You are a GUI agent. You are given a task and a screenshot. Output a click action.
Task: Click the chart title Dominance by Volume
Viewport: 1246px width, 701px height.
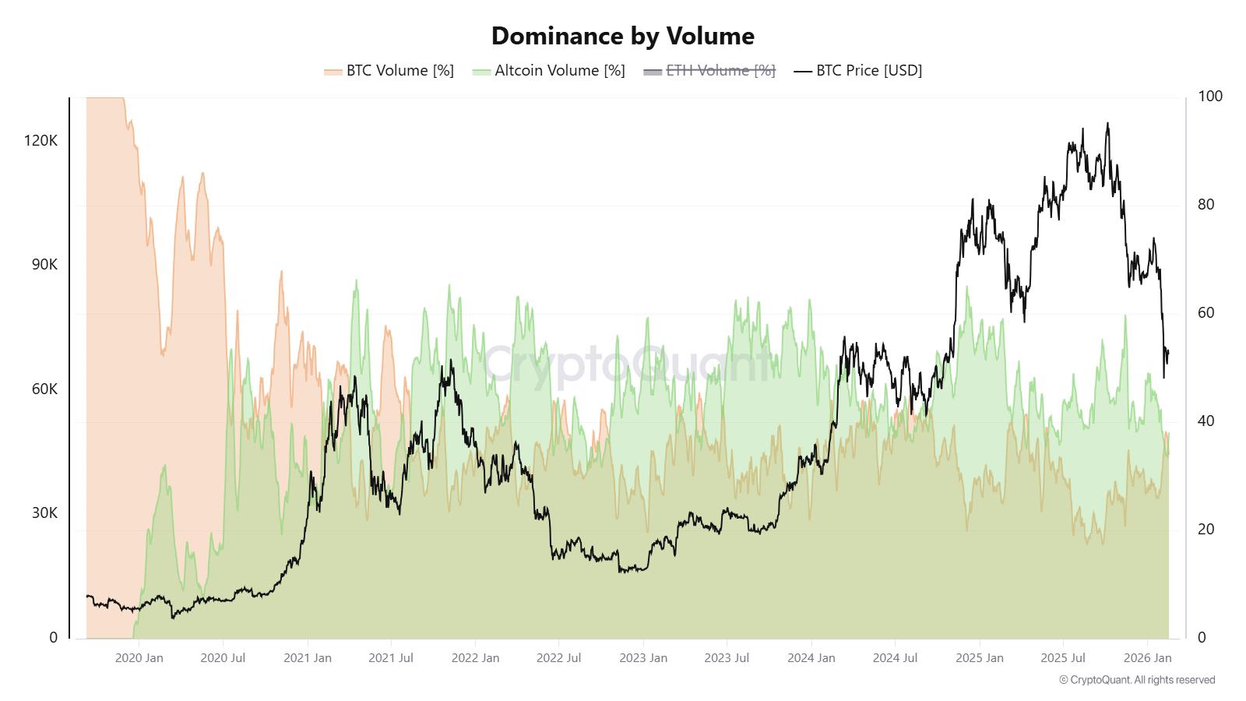click(x=622, y=36)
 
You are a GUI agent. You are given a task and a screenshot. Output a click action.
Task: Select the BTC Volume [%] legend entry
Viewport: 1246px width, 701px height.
click(x=389, y=71)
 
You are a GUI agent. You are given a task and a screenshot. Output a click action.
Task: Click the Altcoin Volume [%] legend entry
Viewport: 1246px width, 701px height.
click(x=549, y=71)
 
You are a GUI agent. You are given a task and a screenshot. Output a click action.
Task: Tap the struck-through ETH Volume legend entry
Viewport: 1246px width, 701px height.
click(x=709, y=71)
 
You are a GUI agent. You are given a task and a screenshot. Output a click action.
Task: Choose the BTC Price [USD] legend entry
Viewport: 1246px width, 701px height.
click(x=858, y=71)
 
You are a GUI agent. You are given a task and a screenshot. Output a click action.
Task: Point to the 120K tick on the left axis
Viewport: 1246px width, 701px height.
click(x=40, y=141)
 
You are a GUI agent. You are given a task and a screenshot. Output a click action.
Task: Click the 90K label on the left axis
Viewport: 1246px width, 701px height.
click(x=44, y=265)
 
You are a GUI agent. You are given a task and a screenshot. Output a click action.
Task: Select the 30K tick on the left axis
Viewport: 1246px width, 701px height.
click(x=44, y=513)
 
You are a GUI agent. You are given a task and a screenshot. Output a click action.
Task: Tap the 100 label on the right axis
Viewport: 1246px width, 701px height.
click(x=1210, y=97)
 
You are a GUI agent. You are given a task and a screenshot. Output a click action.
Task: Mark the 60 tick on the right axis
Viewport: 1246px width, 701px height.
click(x=1206, y=313)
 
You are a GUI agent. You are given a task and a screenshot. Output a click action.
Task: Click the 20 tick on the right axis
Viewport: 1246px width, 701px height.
click(x=1206, y=530)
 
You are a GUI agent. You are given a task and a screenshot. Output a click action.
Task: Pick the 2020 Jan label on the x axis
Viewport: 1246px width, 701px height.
click(x=139, y=658)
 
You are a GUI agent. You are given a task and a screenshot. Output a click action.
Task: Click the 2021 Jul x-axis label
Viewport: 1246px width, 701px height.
click(x=390, y=658)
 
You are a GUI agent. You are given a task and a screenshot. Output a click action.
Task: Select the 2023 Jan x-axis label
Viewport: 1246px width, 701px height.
click(x=642, y=658)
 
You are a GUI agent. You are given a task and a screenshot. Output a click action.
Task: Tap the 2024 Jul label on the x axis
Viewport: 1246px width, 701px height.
click(x=895, y=658)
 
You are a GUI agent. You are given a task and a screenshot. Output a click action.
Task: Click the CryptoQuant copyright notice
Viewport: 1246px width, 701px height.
click(x=1136, y=680)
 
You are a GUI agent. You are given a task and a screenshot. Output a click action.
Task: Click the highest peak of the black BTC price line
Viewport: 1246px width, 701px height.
click(x=1107, y=123)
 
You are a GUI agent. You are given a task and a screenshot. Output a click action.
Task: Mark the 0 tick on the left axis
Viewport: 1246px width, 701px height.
click(x=53, y=638)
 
